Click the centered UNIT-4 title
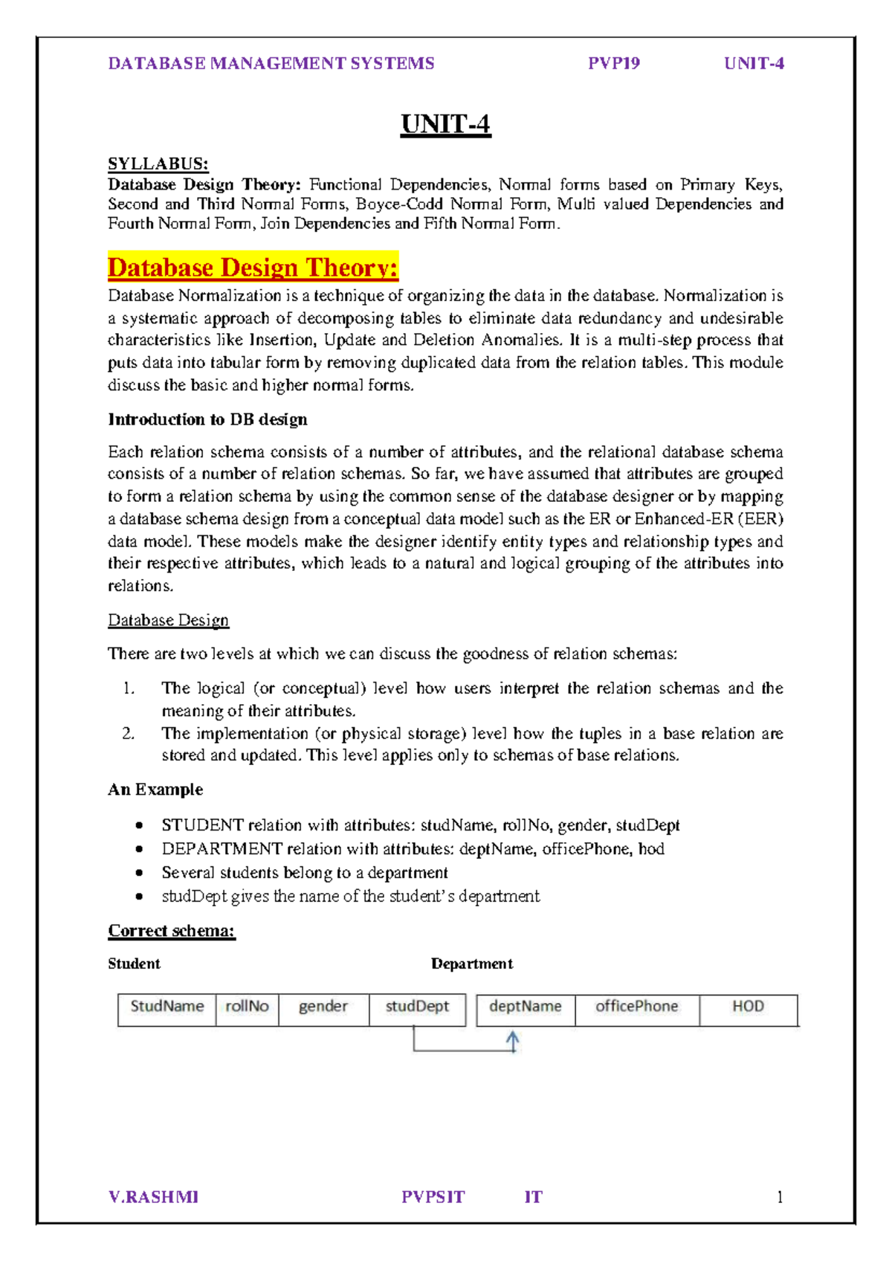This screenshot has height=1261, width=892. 445,123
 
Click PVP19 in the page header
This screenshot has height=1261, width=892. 614,63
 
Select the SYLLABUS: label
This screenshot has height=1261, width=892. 158,164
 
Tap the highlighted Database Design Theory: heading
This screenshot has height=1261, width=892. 253,267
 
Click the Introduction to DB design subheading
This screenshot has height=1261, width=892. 207,419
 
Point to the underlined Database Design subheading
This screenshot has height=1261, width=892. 168,620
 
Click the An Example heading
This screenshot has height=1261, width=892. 155,790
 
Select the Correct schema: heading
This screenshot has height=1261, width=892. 172,931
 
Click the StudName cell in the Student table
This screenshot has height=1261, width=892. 167,1007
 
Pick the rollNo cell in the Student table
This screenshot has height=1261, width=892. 247,1007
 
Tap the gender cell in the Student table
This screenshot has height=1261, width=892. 323,1007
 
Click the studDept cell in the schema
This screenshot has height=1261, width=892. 417,1007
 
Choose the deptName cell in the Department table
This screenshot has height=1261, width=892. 526,1007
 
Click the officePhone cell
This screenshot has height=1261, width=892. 637,1007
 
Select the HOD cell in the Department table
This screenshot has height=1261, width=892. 748,1007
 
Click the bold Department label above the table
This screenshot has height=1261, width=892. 472,964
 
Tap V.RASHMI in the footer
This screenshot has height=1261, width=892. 153,1197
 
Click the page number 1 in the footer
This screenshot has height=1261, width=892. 780,1197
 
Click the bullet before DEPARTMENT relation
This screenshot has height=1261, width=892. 139,849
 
